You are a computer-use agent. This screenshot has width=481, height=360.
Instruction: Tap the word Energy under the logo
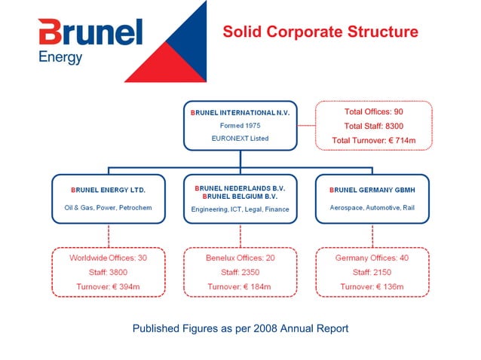pos(60,57)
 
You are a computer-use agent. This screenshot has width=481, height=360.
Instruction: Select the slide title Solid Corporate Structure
pos(320,32)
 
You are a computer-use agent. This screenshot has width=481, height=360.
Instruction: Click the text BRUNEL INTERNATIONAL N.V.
pos(240,112)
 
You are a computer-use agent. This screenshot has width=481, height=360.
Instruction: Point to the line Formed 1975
pos(240,125)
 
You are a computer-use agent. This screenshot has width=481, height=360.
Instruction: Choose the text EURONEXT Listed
pos(240,139)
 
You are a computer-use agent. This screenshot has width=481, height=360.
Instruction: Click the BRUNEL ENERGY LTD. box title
pos(108,190)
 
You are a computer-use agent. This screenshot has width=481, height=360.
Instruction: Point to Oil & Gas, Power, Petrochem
pos(108,207)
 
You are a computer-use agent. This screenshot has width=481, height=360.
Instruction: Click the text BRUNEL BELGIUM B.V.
pos(240,196)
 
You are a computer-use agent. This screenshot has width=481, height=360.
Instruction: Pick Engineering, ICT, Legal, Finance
pos(240,209)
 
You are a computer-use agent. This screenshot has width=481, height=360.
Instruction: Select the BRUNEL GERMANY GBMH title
pos(372,190)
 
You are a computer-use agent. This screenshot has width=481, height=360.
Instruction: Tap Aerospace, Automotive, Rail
pos(372,207)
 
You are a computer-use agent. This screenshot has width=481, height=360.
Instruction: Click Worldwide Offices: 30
pos(108,258)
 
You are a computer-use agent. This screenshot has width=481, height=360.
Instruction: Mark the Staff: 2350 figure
pos(240,272)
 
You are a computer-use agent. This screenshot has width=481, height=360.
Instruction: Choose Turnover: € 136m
pos(372,287)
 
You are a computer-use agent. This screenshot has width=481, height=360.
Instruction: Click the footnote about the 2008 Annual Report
pos(240,328)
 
